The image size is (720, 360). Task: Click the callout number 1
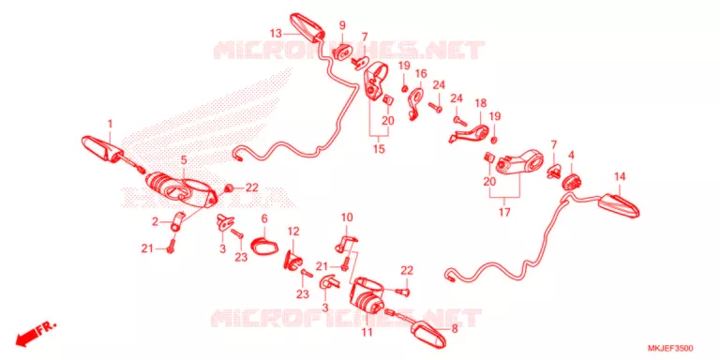click(x=111, y=124)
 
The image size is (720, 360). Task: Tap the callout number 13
click(x=276, y=34)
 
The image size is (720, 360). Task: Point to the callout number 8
click(x=455, y=329)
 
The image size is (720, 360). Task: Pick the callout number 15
click(x=379, y=149)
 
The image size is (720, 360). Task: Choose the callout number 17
click(x=504, y=213)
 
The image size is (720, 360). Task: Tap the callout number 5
click(x=183, y=160)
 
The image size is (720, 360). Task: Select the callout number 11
click(x=367, y=332)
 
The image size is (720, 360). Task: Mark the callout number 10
click(x=347, y=217)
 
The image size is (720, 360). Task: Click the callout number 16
click(x=421, y=73)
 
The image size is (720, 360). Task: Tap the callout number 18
click(x=480, y=103)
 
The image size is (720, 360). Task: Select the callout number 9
click(x=342, y=24)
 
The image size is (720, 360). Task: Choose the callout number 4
click(x=571, y=155)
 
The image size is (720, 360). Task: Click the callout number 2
click(x=156, y=222)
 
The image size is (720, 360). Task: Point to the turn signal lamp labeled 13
click(x=307, y=26)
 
